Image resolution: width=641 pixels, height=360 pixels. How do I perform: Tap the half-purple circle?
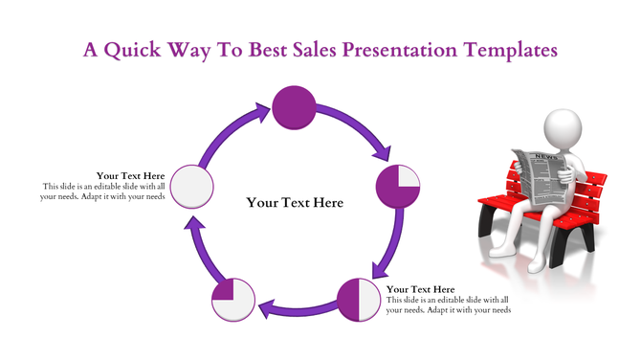(x=359, y=299)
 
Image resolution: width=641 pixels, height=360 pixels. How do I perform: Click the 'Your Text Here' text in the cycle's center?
(x=294, y=203)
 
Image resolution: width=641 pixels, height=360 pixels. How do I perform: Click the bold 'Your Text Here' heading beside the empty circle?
(x=131, y=176)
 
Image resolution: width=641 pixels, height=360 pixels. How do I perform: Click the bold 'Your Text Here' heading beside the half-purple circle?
(x=421, y=289)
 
